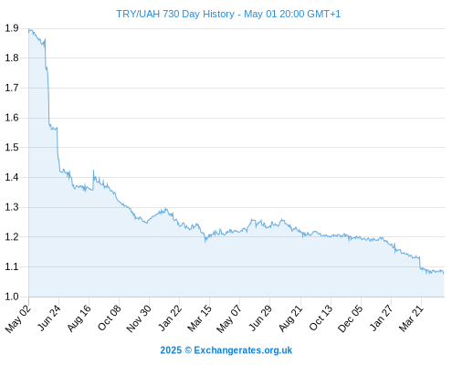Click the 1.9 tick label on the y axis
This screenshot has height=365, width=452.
[12, 28]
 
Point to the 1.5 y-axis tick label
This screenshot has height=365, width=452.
[12, 148]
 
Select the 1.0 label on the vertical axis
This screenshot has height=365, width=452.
[12, 297]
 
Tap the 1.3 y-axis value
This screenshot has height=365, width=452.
[12, 207]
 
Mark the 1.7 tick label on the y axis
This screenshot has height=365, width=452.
[12, 88]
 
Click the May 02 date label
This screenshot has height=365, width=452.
[18, 318]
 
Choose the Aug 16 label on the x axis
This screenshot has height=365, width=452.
[79, 318]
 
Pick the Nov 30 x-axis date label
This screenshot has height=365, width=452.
[139, 318]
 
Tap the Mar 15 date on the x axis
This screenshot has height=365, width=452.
[199, 318]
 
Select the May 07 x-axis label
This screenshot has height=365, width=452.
[229, 318]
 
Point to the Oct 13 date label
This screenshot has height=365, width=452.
[321, 318]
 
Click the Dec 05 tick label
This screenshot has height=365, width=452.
[351, 318]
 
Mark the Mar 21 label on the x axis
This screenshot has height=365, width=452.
[411, 318]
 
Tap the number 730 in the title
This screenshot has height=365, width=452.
[171, 14]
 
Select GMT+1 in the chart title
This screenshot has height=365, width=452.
[324, 14]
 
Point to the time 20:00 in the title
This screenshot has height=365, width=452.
[291, 14]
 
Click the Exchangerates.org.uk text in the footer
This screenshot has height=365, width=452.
[243, 350]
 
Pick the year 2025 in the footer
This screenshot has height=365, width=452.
[171, 350]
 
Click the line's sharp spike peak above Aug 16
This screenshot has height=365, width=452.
[93, 171]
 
